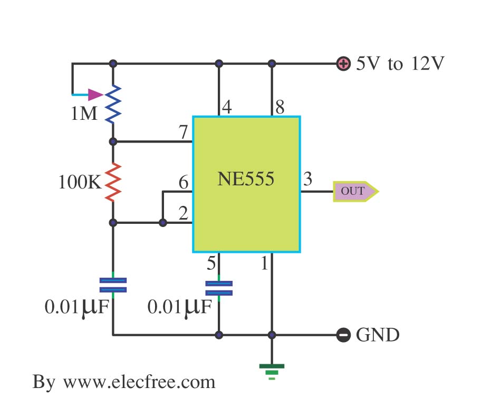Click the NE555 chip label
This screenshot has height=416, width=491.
pos(246,179)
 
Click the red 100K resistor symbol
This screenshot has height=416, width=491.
pos(113,182)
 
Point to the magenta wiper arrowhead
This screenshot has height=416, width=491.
pos(95,95)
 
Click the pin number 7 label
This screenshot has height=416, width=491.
pos(183,133)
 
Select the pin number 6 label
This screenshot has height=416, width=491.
pos(183,183)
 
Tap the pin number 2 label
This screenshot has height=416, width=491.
pos(183,214)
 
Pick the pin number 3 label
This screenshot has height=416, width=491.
pos(307,179)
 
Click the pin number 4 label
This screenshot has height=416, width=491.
pos(226,108)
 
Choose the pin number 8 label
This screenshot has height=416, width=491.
pos(280,108)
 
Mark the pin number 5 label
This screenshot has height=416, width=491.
pos(211,262)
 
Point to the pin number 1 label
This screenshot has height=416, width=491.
pos(265,262)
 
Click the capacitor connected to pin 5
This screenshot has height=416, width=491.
pos(219,288)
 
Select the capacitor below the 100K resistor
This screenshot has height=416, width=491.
pos(113,286)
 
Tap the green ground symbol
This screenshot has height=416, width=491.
pos(272,371)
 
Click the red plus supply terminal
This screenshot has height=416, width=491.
pos(343,64)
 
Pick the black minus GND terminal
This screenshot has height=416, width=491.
pos(343,335)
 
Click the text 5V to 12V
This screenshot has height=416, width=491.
pos(400,64)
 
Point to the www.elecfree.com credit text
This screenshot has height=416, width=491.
pos(124,382)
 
